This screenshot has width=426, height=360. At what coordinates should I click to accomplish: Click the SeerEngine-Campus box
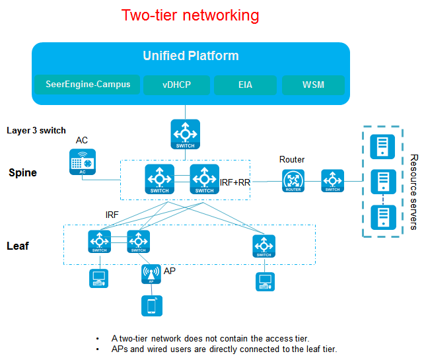click(87, 85)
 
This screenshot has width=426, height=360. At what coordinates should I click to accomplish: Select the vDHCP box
click(176, 85)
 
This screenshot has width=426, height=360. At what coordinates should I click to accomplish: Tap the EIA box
click(245, 85)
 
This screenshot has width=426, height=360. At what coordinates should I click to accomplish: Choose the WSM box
click(313, 85)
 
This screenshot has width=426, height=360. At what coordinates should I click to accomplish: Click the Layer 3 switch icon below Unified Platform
click(186, 134)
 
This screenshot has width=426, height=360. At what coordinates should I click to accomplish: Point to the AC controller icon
click(83, 162)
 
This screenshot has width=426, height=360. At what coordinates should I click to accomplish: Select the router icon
click(293, 181)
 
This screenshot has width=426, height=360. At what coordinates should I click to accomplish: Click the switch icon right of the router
click(332, 181)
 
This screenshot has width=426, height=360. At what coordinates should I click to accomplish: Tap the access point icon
click(151, 274)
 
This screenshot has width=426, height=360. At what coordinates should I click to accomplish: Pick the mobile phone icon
click(152, 306)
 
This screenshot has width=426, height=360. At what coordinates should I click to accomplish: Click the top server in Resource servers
click(382, 147)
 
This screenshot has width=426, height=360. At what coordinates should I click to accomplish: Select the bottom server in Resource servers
click(383, 217)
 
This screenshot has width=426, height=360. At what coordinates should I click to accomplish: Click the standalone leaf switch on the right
click(264, 246)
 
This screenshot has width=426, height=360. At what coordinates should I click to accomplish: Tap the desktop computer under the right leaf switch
click(265, 282)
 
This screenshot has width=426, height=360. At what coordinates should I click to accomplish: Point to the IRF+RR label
click(234, 182)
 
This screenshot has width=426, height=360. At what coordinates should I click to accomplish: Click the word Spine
click(23, 173)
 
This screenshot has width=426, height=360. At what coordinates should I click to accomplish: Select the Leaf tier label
click(18, 246)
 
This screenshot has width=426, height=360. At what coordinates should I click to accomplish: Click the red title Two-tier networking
click(190, 15)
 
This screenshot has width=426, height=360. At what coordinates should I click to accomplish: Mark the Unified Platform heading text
click(191, 55)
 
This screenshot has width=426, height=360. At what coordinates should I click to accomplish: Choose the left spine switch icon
click(159, 179)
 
